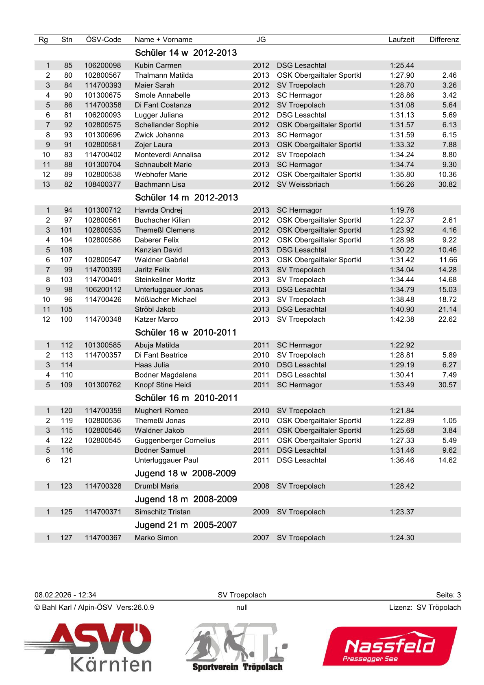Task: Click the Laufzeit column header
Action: click(401, 39)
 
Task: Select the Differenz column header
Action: click(444, 39)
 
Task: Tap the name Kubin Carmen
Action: click(158, 65)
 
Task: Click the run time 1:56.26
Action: click(402, 184)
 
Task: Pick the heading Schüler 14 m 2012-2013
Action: click(186, 198)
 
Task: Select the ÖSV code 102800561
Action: click(102, 220)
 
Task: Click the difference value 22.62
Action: click(447, 319)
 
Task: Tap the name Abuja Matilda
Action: click(157, 345)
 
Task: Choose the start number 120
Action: click(66, 411)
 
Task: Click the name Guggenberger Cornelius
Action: click(175, 441)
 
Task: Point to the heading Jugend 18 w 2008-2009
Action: click(185, 473)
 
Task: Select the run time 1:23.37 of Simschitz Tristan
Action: click(402, 512)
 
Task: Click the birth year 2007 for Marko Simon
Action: click(261, 538)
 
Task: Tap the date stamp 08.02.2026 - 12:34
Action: click(65, 595)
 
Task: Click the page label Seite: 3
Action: click(448, 595)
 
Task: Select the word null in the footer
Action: click(242, 607)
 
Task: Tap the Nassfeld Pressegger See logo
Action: click(389, 646)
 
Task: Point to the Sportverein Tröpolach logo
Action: click(237, 647)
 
